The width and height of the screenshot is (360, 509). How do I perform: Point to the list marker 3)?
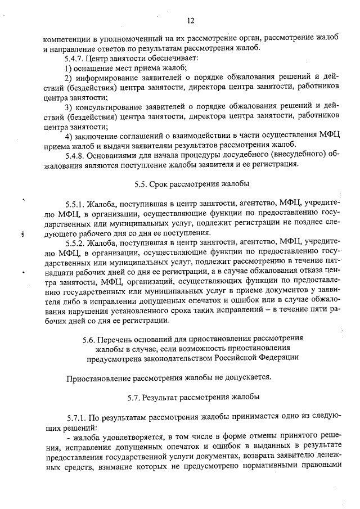pyautogui.click(x=69, y=107)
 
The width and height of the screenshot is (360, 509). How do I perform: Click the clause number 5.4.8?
pyautogui.click(x=76, y=155)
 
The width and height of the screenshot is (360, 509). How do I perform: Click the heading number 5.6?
pyautogui.click(x=88, y=339)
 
